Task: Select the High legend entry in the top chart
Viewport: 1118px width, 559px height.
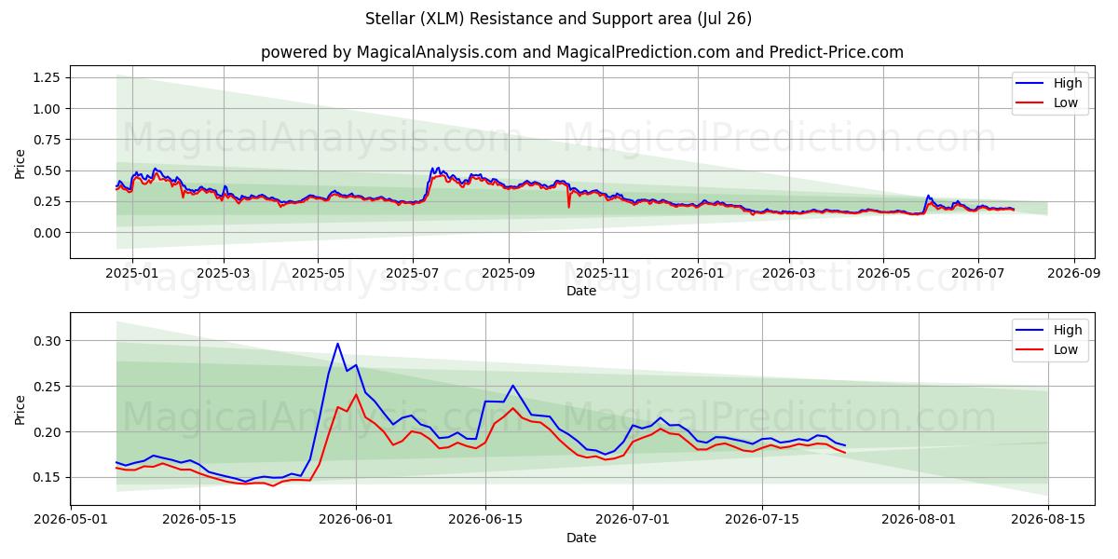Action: (1049, 83)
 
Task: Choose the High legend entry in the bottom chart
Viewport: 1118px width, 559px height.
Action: (1049, 330)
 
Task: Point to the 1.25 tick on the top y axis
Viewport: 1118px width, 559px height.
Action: (47, 77)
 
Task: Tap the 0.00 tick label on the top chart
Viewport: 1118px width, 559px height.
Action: (47, 233)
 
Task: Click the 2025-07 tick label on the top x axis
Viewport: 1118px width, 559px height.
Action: (412, 274)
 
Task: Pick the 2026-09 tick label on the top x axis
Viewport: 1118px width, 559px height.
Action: (1073, 274)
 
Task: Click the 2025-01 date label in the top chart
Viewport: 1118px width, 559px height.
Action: (131, 274)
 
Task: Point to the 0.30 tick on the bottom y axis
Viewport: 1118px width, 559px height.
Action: (47, 341)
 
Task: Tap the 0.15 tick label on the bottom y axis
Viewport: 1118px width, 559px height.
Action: (47, 478)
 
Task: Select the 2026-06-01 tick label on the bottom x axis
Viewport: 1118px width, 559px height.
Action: (356, 520)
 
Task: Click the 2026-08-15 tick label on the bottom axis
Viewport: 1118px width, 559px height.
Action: (1048, 520)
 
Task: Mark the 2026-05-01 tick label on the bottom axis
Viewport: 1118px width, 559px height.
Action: (71, 520)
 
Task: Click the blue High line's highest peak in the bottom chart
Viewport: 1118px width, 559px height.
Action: (338, 344)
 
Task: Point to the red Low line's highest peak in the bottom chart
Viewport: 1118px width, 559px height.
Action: (356, 394)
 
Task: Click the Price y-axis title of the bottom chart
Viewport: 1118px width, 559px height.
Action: (20, 410)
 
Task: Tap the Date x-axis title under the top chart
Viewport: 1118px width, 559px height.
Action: (581, 291)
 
